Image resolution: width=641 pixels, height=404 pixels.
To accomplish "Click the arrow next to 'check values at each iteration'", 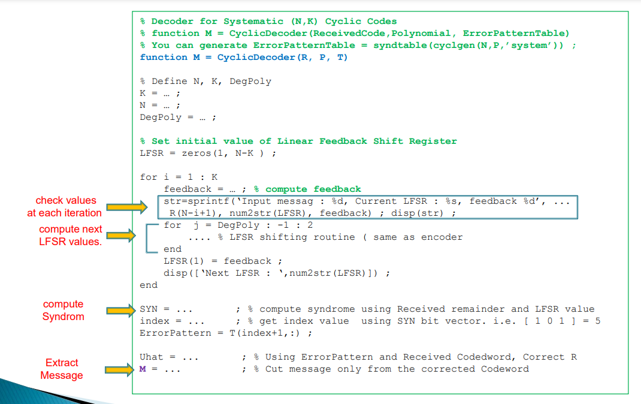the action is point(126,207).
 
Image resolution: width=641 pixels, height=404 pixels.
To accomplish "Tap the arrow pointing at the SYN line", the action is point(121,310).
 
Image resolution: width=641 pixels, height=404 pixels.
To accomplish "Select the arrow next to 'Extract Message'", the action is point(121,370).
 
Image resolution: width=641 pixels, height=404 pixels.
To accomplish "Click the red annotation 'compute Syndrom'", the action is point(63,310).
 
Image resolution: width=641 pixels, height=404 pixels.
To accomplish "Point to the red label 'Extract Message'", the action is point(62,369).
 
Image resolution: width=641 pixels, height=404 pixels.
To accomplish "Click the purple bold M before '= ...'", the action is point(143,369).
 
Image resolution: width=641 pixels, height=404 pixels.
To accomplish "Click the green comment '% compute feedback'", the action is point(313,189).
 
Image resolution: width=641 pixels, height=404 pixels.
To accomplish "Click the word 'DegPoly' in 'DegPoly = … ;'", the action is point(161,117).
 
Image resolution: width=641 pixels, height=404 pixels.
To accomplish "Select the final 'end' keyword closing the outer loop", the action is point(149,285).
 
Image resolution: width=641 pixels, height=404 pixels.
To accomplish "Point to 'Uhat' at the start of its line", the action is point(152,357).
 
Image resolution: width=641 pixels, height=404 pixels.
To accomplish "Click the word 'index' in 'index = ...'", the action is point(155,321).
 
